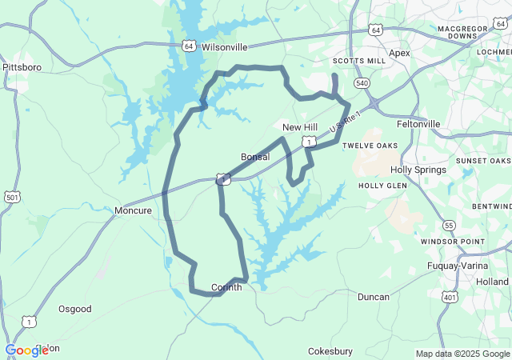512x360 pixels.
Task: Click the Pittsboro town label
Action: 22,67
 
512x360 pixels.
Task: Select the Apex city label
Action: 398,53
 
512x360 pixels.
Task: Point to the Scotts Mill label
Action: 359,61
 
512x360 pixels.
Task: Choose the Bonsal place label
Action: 255,157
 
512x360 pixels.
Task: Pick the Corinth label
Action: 226,287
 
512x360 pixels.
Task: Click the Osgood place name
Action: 75,309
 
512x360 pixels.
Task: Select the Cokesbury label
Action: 330,351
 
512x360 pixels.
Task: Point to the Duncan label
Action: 374,297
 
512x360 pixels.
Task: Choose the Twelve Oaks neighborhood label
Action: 370,146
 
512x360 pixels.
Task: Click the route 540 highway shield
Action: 362,83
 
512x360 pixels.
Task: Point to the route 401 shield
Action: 450,297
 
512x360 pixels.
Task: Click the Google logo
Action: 26,350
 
